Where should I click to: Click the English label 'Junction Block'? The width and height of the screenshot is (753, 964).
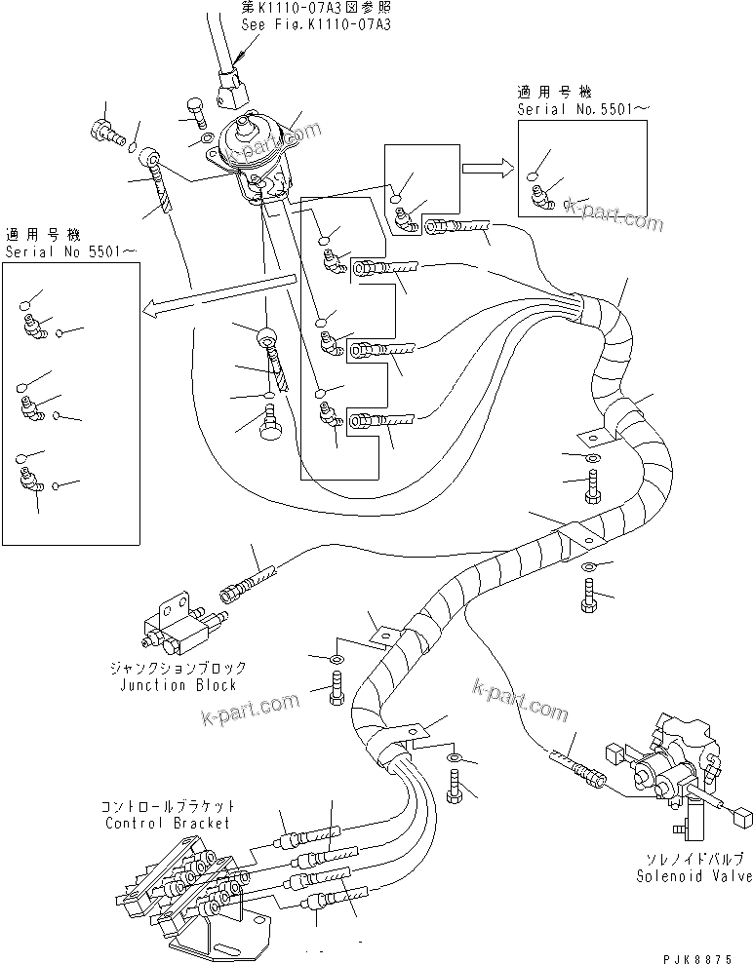point(178,685)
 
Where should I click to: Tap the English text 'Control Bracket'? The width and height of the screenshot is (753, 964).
point(167,823)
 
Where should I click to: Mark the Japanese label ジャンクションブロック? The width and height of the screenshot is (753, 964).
point(178,669)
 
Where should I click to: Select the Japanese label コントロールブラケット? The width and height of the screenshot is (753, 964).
point(167,807)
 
